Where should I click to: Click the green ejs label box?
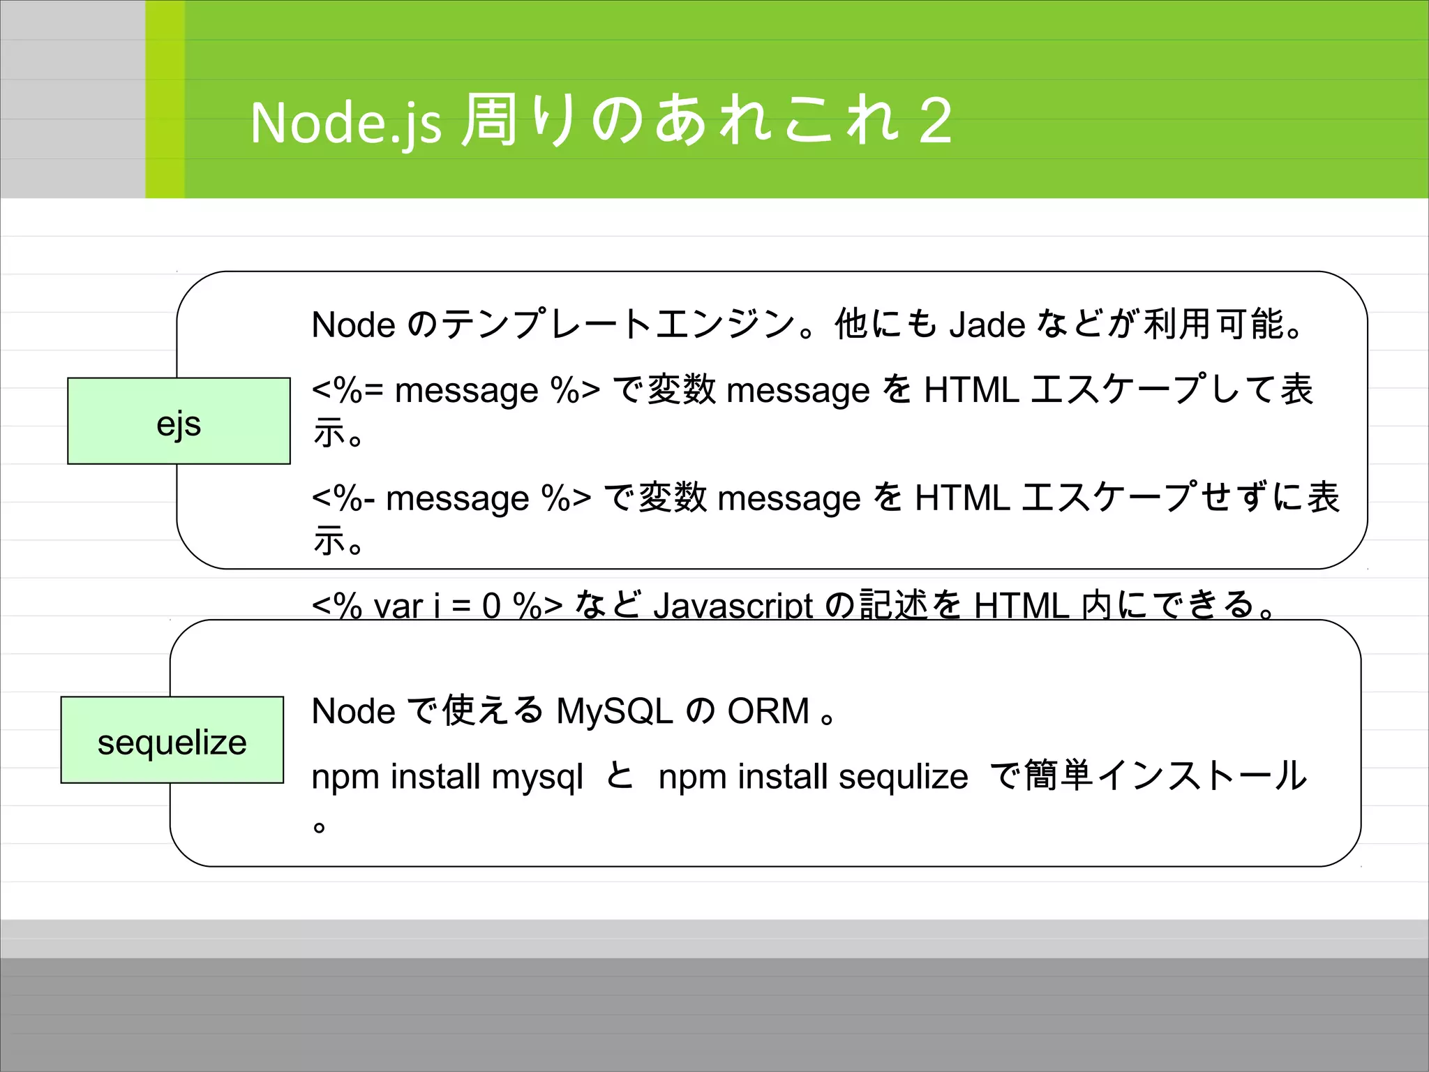tap(179, 421)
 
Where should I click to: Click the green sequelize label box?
tap(172, 740)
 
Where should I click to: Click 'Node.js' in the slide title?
tap(345, 123)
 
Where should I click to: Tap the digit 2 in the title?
tap(935, 121)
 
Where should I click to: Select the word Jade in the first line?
tap(987, 325)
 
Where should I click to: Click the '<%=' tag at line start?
tap(347, 390)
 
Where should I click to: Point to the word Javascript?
tap(733, 605)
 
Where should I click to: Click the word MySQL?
tap(614, 711)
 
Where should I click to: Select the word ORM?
tap(768, 711)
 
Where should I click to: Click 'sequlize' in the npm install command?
tap(903, 777)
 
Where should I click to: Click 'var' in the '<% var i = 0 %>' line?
tap(398, 606)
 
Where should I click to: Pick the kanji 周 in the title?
tap(489, 120)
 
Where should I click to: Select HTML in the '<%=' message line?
tap(971, 390)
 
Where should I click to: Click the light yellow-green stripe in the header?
tap(165, 99)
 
